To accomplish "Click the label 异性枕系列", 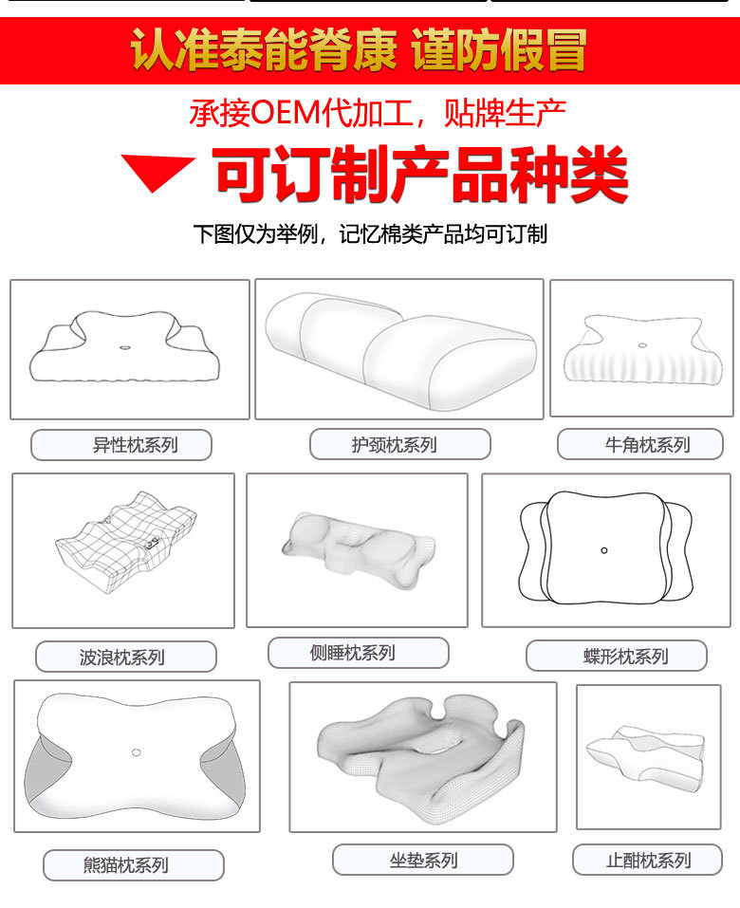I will tap(121, 445).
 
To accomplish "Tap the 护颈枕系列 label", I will tap(399, 445).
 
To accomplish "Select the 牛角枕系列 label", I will tap(647, 445).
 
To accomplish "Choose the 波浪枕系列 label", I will tap(126, 657).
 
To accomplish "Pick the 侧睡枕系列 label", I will tap(358, 653).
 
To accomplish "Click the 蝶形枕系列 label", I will tap(617, 656).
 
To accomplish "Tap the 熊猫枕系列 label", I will tap(134, 865).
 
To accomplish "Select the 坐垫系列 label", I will tap(422, 861).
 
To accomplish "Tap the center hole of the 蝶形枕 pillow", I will tap(604, 549).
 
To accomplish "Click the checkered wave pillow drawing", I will tap(124, 547).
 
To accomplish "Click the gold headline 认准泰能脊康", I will tap(263, 51).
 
